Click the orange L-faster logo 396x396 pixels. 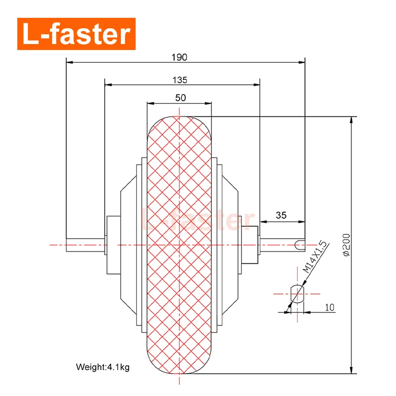pos(76,34)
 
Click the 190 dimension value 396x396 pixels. pos(180,57)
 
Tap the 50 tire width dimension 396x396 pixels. pos(180,98)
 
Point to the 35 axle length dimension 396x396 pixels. pos(281,215)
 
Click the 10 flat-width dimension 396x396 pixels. pos(330,307)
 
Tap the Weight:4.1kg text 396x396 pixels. pos(102,367)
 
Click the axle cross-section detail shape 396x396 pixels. pos(297,294)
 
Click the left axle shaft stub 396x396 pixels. pos(85,244)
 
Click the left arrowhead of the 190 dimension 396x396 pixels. pos(70,63)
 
